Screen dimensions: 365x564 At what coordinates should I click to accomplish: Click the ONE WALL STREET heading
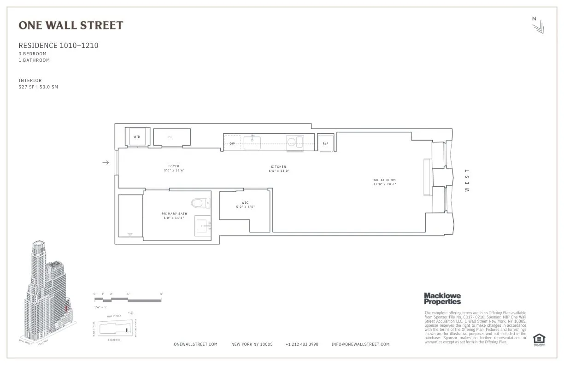tap(71, 25)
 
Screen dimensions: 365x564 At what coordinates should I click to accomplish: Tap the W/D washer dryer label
tap(137, 137)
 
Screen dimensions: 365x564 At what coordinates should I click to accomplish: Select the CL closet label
tap(170, 137)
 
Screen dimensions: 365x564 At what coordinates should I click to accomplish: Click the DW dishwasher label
tap(232, 143)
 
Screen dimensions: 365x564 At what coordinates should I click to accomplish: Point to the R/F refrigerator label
tap(325, 143)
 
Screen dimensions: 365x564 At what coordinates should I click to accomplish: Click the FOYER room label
tap(174, 166)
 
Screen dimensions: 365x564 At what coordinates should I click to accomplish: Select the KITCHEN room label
tap(278, 167)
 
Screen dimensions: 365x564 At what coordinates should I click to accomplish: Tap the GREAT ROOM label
tap(384, 180)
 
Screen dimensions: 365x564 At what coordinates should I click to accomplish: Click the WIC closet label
tap(245, 203)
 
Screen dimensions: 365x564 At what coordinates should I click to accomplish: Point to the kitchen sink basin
tap(252, 142)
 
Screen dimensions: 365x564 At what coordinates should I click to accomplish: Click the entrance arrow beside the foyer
tap(106, 162)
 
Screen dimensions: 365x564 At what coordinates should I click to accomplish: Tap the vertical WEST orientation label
tap(467, 180)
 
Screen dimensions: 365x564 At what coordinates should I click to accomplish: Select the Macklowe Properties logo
tap(442, 299)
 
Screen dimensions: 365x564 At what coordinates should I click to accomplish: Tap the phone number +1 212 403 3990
tap(302, 344)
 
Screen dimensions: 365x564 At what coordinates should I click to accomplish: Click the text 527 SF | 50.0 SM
tap(38, 87)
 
